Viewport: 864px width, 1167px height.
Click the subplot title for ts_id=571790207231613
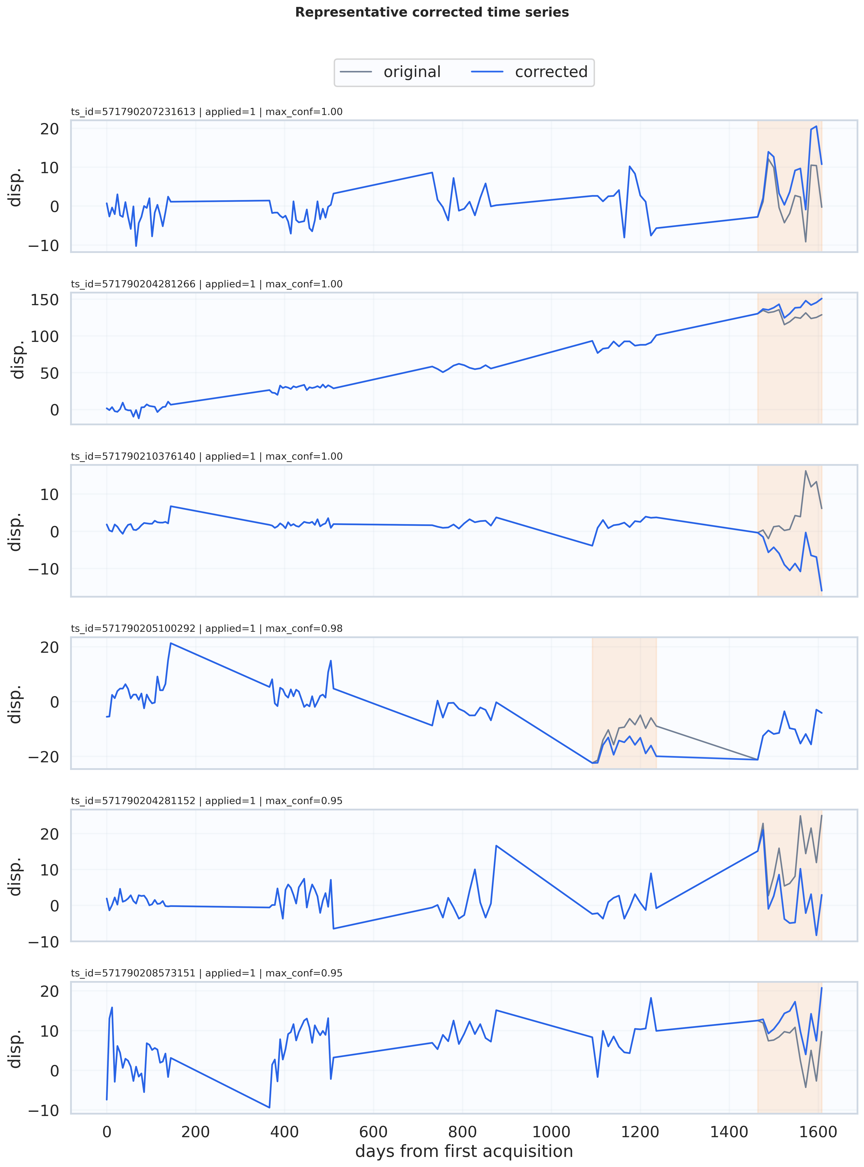(x=207, y=112)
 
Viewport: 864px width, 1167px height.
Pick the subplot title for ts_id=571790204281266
(x=207, y=284)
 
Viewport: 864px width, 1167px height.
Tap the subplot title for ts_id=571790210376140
(x=207, y=457)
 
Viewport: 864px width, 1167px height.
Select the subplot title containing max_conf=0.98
(x=207, y=628)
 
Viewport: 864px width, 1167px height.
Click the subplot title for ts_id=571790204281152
(x=207, y=801)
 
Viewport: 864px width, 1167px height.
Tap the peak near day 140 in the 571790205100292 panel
(x=170, y=643)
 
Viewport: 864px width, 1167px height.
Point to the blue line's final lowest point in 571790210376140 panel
(x=822, y=590)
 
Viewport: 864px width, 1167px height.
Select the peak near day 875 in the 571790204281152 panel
(x=496, y=845)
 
